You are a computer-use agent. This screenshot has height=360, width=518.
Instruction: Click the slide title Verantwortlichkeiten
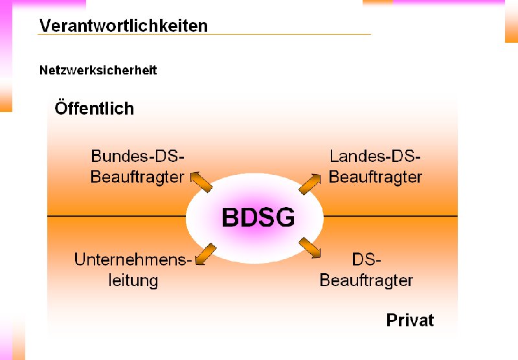click(x=124, y=25)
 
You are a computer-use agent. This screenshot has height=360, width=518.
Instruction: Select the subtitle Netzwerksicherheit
click(x=98, y=70)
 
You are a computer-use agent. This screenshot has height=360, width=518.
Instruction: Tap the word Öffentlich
click(x=94, y=108)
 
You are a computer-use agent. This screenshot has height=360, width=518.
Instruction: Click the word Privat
click(x=410, y=320)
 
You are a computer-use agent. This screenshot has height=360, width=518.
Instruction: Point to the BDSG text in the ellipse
click(x=258, y=217)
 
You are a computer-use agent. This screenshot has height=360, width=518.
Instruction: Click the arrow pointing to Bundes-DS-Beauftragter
click(x=201, y=181)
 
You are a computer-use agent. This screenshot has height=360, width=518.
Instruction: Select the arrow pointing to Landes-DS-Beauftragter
click(x=310, y=183)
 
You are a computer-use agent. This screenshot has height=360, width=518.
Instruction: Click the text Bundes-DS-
click(x=138, y=156)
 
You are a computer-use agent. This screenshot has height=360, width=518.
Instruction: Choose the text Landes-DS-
click(x=376, y=156)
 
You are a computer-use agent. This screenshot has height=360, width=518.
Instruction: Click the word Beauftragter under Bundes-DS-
click(x=137, y=177)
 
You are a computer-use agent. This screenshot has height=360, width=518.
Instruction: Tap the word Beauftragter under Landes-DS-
click(x=376, y=177)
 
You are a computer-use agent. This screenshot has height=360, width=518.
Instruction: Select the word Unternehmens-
click(x=133, y=260)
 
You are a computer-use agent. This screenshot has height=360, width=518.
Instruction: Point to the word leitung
click(x=134, y=280)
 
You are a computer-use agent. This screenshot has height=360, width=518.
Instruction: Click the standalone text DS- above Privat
click(x=367, y=260)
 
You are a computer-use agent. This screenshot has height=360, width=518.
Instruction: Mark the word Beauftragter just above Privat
click(x=366, y=280)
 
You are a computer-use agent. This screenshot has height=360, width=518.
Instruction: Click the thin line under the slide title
click(x=204, y=35)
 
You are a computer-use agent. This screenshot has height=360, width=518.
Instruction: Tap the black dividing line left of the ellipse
click(x=117, y=216)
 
